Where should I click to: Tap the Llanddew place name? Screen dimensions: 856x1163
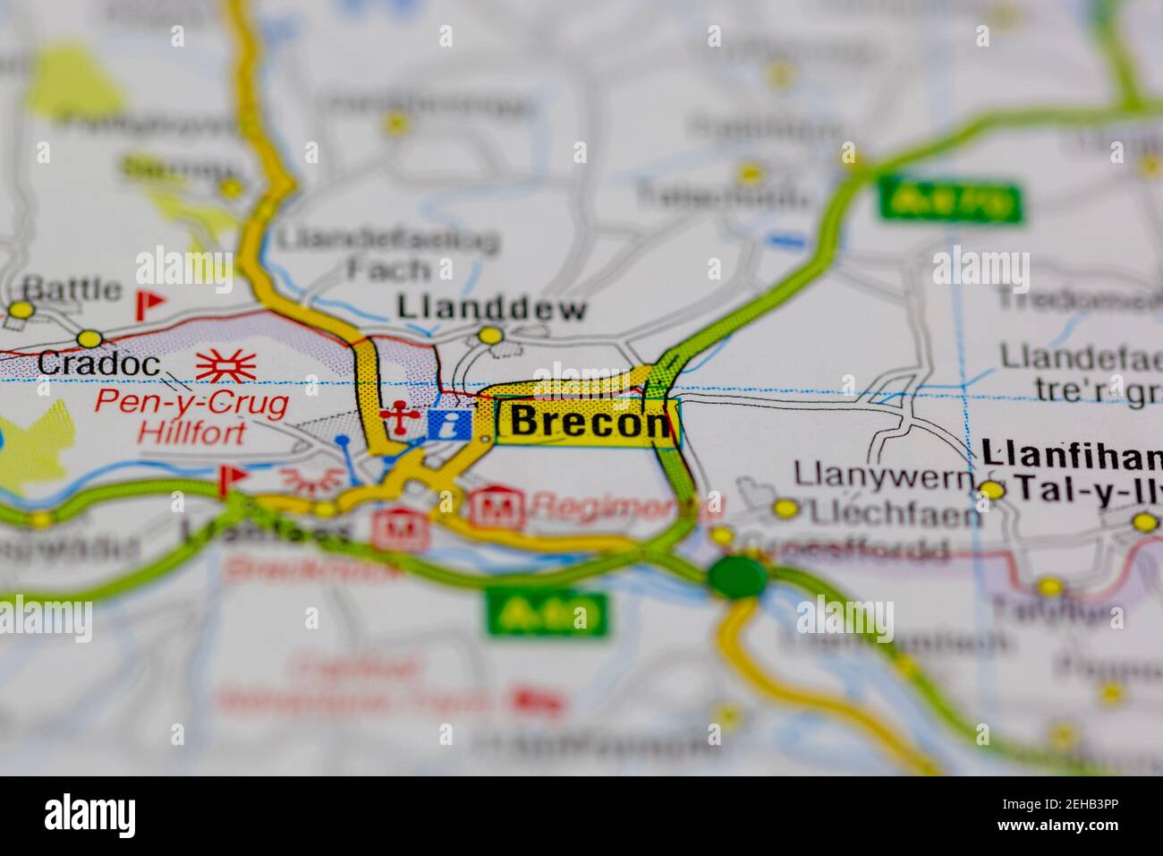[x=492, y=309]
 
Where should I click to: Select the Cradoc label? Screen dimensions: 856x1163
[x=98, y=364]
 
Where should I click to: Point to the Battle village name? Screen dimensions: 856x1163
[x=72, y=289]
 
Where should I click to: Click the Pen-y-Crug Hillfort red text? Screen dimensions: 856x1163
[x=191, y=417]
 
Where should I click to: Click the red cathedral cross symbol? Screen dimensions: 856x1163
[x=395, y=419]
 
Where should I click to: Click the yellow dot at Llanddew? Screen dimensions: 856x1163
[x=490, y=336]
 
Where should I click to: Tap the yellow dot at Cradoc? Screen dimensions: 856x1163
[x=89, y=338]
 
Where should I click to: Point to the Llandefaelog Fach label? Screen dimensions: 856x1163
[x=387, y=254]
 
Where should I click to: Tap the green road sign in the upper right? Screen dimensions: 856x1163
[x=950, y=201]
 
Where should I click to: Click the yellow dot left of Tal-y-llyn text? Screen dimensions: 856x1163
[x=991, y=490]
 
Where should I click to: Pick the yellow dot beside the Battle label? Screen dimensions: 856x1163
[x=20, y=311]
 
